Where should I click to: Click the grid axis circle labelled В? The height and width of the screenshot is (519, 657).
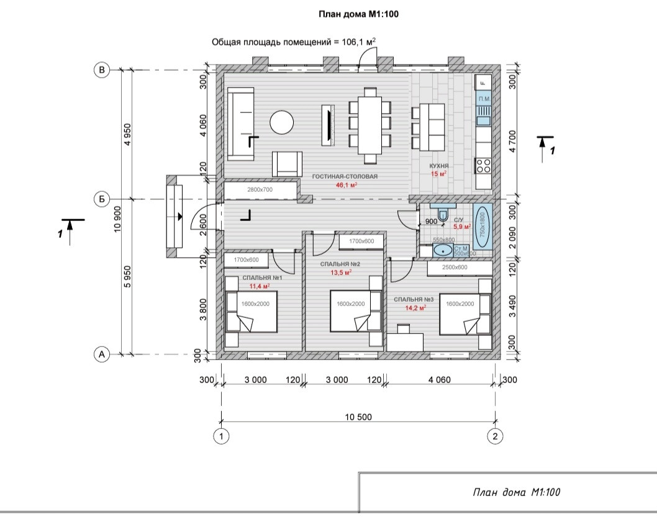point(101,70)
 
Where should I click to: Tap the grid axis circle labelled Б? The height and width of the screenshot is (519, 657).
point(101,199)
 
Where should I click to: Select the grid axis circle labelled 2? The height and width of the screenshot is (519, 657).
point(495,436)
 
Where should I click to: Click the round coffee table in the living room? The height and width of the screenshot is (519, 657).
point(281,122)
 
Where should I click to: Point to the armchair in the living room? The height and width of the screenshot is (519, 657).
point(287,164)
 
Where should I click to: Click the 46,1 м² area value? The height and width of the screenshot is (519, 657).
point(347,185)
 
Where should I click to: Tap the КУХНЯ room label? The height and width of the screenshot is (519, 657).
point(438,166)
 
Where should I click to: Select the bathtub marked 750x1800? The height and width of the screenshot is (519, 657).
point(483,227)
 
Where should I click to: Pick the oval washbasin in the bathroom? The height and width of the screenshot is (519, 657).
point(443,250)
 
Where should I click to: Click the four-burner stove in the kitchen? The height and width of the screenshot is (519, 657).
point(483,166)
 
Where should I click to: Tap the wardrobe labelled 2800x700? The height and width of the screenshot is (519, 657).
point(260,190)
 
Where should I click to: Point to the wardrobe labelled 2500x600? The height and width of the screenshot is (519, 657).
point(460,268)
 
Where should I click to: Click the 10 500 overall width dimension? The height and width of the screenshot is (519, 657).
point(358,417)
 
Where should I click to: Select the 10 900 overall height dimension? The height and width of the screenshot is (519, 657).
point(117,219)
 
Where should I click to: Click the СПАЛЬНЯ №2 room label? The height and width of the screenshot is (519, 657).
point(340,264)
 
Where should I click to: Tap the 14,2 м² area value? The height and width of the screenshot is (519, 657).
point(415,308)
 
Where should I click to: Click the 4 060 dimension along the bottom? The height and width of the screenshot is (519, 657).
point(440,380)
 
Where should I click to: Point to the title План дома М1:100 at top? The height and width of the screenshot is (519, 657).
point(359,14)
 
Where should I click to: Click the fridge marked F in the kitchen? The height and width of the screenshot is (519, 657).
point(483,83)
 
